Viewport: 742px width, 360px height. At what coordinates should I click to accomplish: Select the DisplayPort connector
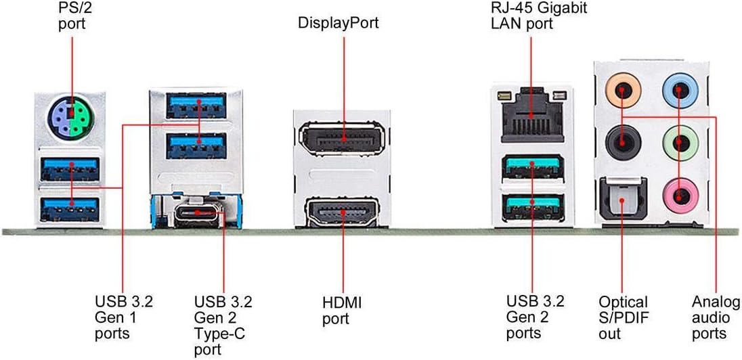(x=343, y=139)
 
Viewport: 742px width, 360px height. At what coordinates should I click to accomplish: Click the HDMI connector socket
(x=343, y=211)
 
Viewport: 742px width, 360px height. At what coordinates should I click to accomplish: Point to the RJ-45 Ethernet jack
(x=532, y=114)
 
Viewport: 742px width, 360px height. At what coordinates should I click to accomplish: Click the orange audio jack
(x=624, y=91)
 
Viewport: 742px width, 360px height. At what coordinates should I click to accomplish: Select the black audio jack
(x=624, y=142)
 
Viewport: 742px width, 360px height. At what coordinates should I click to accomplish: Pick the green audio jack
(x=680, y=142)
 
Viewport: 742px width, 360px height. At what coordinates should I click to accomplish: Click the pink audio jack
(x=680, y=195)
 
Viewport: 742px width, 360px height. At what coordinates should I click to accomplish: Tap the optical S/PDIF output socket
(x=624, y=198)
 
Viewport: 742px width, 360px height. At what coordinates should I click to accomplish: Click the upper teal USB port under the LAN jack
(x=532, y=166)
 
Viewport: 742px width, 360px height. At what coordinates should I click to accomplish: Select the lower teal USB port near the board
(x=532, y=206)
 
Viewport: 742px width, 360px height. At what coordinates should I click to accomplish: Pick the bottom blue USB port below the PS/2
(x=70, y=208)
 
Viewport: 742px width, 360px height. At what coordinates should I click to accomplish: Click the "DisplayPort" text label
(x=339, y=23)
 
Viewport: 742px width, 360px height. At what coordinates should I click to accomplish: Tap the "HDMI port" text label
(x=342, y=311)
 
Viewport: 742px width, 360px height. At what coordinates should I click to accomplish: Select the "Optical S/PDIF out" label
(x=623, y=317)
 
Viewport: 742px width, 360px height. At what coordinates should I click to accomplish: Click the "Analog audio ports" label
(x=716, y=317)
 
